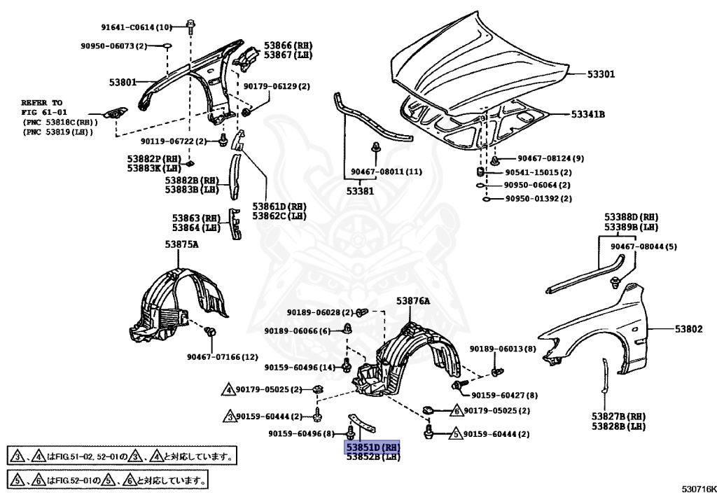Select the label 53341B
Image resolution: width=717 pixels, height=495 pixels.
point(587,113)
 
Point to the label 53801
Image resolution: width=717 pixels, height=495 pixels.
point(123,82)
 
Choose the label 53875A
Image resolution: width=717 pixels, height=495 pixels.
point(182,244)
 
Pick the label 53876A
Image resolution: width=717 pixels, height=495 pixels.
point(413,300)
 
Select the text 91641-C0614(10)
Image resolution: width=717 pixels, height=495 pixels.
point(136,27)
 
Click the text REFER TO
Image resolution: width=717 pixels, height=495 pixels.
point(41,102)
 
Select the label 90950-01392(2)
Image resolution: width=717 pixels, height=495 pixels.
point(538,199)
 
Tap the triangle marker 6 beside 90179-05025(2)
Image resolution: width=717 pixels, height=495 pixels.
point(455,410)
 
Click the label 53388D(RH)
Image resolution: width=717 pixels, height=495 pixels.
point(632,217)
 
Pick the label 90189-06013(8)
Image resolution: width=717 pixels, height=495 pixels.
point(503,349)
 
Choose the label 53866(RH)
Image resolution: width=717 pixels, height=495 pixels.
point(288,45)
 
